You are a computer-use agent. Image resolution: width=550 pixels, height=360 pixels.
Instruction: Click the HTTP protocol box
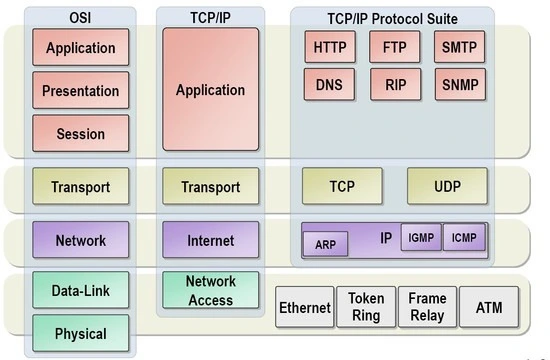(330, 47)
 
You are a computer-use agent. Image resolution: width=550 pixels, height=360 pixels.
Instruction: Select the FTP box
(395, 47)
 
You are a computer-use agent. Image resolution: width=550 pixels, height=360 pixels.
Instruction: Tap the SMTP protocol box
(460, 47)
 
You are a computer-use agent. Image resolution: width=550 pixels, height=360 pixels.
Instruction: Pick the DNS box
(329, 85)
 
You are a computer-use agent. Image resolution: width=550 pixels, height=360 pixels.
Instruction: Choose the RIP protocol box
(396, 85)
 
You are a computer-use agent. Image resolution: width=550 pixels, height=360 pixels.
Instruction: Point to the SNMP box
(461, 85)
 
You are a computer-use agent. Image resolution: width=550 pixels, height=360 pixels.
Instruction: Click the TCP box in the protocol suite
(342, 186)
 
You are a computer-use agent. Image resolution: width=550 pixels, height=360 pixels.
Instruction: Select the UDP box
(448, 186)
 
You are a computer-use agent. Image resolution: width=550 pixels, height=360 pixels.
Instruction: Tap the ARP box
(326, 244)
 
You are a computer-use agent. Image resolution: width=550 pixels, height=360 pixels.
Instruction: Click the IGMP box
(421, 237)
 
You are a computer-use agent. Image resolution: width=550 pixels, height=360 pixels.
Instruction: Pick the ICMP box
(464, 237)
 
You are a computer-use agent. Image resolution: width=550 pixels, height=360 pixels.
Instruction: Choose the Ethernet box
(305, 307)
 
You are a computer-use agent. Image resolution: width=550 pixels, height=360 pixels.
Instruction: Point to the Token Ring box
(366, 307)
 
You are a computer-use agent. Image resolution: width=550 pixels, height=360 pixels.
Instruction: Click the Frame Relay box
(428, 307)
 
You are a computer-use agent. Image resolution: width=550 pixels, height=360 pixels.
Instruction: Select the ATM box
(489, 307)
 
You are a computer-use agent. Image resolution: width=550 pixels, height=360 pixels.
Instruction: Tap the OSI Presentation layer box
(81, 91)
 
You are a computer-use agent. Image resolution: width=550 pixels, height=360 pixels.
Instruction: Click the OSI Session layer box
(81, 134)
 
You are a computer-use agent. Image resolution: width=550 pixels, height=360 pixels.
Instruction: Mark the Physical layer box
(81, 333)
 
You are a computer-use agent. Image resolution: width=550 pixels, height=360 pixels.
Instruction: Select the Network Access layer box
(211, 290)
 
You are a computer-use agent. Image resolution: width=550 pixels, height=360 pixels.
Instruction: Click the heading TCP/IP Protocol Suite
(393, 19)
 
